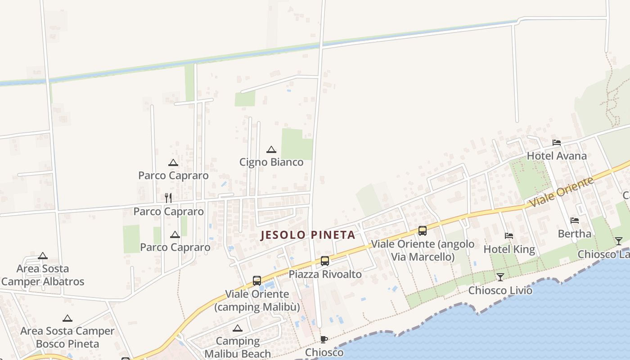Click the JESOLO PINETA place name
[308, 235]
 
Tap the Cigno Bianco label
[271, 162]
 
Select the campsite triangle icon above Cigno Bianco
[271, 150]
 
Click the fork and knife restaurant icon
[168, 198]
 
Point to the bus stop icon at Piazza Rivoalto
[325, 261]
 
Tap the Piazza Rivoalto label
[325, 274]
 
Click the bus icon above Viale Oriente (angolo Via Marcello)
[423, 231]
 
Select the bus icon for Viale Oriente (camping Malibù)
[257, 281]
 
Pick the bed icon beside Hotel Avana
[557, 143]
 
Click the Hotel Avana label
[557, 156]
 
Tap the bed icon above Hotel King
[509, 236]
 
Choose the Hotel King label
[509, 249]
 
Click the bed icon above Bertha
[575, 220]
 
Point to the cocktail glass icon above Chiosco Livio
[500, 277]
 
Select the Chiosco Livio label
[500, 290]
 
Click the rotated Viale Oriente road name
[562, 193]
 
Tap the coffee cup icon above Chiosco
[324, 339]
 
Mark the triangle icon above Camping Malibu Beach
[238, 328]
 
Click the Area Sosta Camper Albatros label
[43, 275]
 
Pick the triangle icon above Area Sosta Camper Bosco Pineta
[67, 319]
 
